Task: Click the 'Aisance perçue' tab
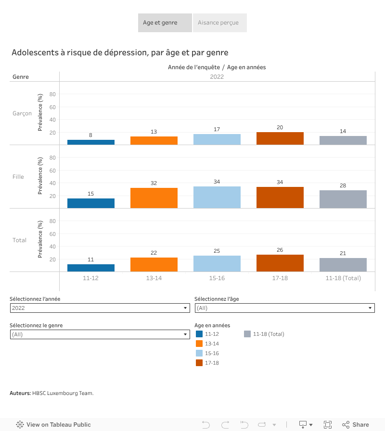pyautogui.click(x=219, y=23)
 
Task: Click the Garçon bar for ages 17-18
pyautogui.click(x=280, y=138)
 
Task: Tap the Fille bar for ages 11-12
pyautogui.click(x=91, y=203)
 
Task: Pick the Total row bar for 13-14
pyautogui.click(x=154, y=265)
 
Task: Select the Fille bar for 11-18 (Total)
pyautogui.click(x=343, y=199)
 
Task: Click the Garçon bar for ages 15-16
pyautogui.click(x=217, y=139)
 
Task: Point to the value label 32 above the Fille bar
pyautogui.click(x=154, y=183)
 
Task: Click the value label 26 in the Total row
pyautogui.click(x=280, y=250)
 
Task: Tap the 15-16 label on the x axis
pyautogui.click(x=217, y=278)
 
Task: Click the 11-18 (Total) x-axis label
pyautogui.click(x=343, y=278)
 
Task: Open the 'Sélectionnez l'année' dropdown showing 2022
pyautogui.click(x=100, y=308)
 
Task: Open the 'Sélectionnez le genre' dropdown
pyautogui.click(x=100, y=334)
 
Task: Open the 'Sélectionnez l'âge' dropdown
pyautogui.click(x=284, y=308)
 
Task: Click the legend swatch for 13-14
pyautogui.click(x=199, y=344)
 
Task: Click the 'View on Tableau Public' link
pyautogui.click(x=53, y=425)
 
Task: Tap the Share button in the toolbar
pyautogui.click(x=356, y=425)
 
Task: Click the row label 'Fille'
pyautogui.click(x=18, y=177)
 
